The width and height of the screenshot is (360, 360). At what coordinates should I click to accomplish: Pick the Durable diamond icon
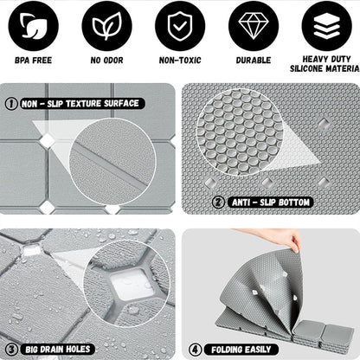(253, 27)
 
